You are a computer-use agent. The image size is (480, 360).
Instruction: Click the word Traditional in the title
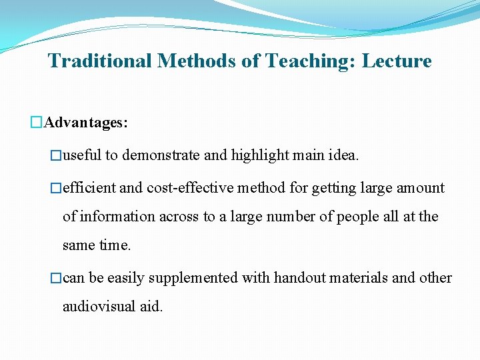pos(100,61)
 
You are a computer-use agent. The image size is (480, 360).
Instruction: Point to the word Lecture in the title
pos(397,61)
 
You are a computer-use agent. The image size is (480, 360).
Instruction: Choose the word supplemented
pos(193,278)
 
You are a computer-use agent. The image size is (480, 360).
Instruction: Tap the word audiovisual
pos(101,307)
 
